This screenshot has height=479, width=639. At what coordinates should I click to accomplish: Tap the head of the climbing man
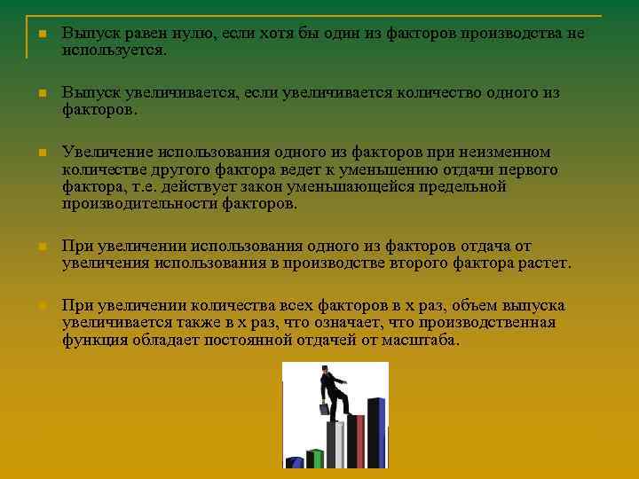click(x=326, y=370)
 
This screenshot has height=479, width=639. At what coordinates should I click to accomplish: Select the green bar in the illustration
click(x=314, y=458)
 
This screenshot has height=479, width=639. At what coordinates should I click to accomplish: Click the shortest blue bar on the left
click(x=295, y=462)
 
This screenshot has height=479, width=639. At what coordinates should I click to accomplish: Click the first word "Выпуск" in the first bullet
click(x=85, y=34)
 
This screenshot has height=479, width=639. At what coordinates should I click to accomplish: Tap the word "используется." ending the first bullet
click(x=114, y=51)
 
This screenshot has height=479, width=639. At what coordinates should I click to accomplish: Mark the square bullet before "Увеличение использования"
click(x=41, y=153)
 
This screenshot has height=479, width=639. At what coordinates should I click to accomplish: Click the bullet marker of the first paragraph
click(x=41, y=35)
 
